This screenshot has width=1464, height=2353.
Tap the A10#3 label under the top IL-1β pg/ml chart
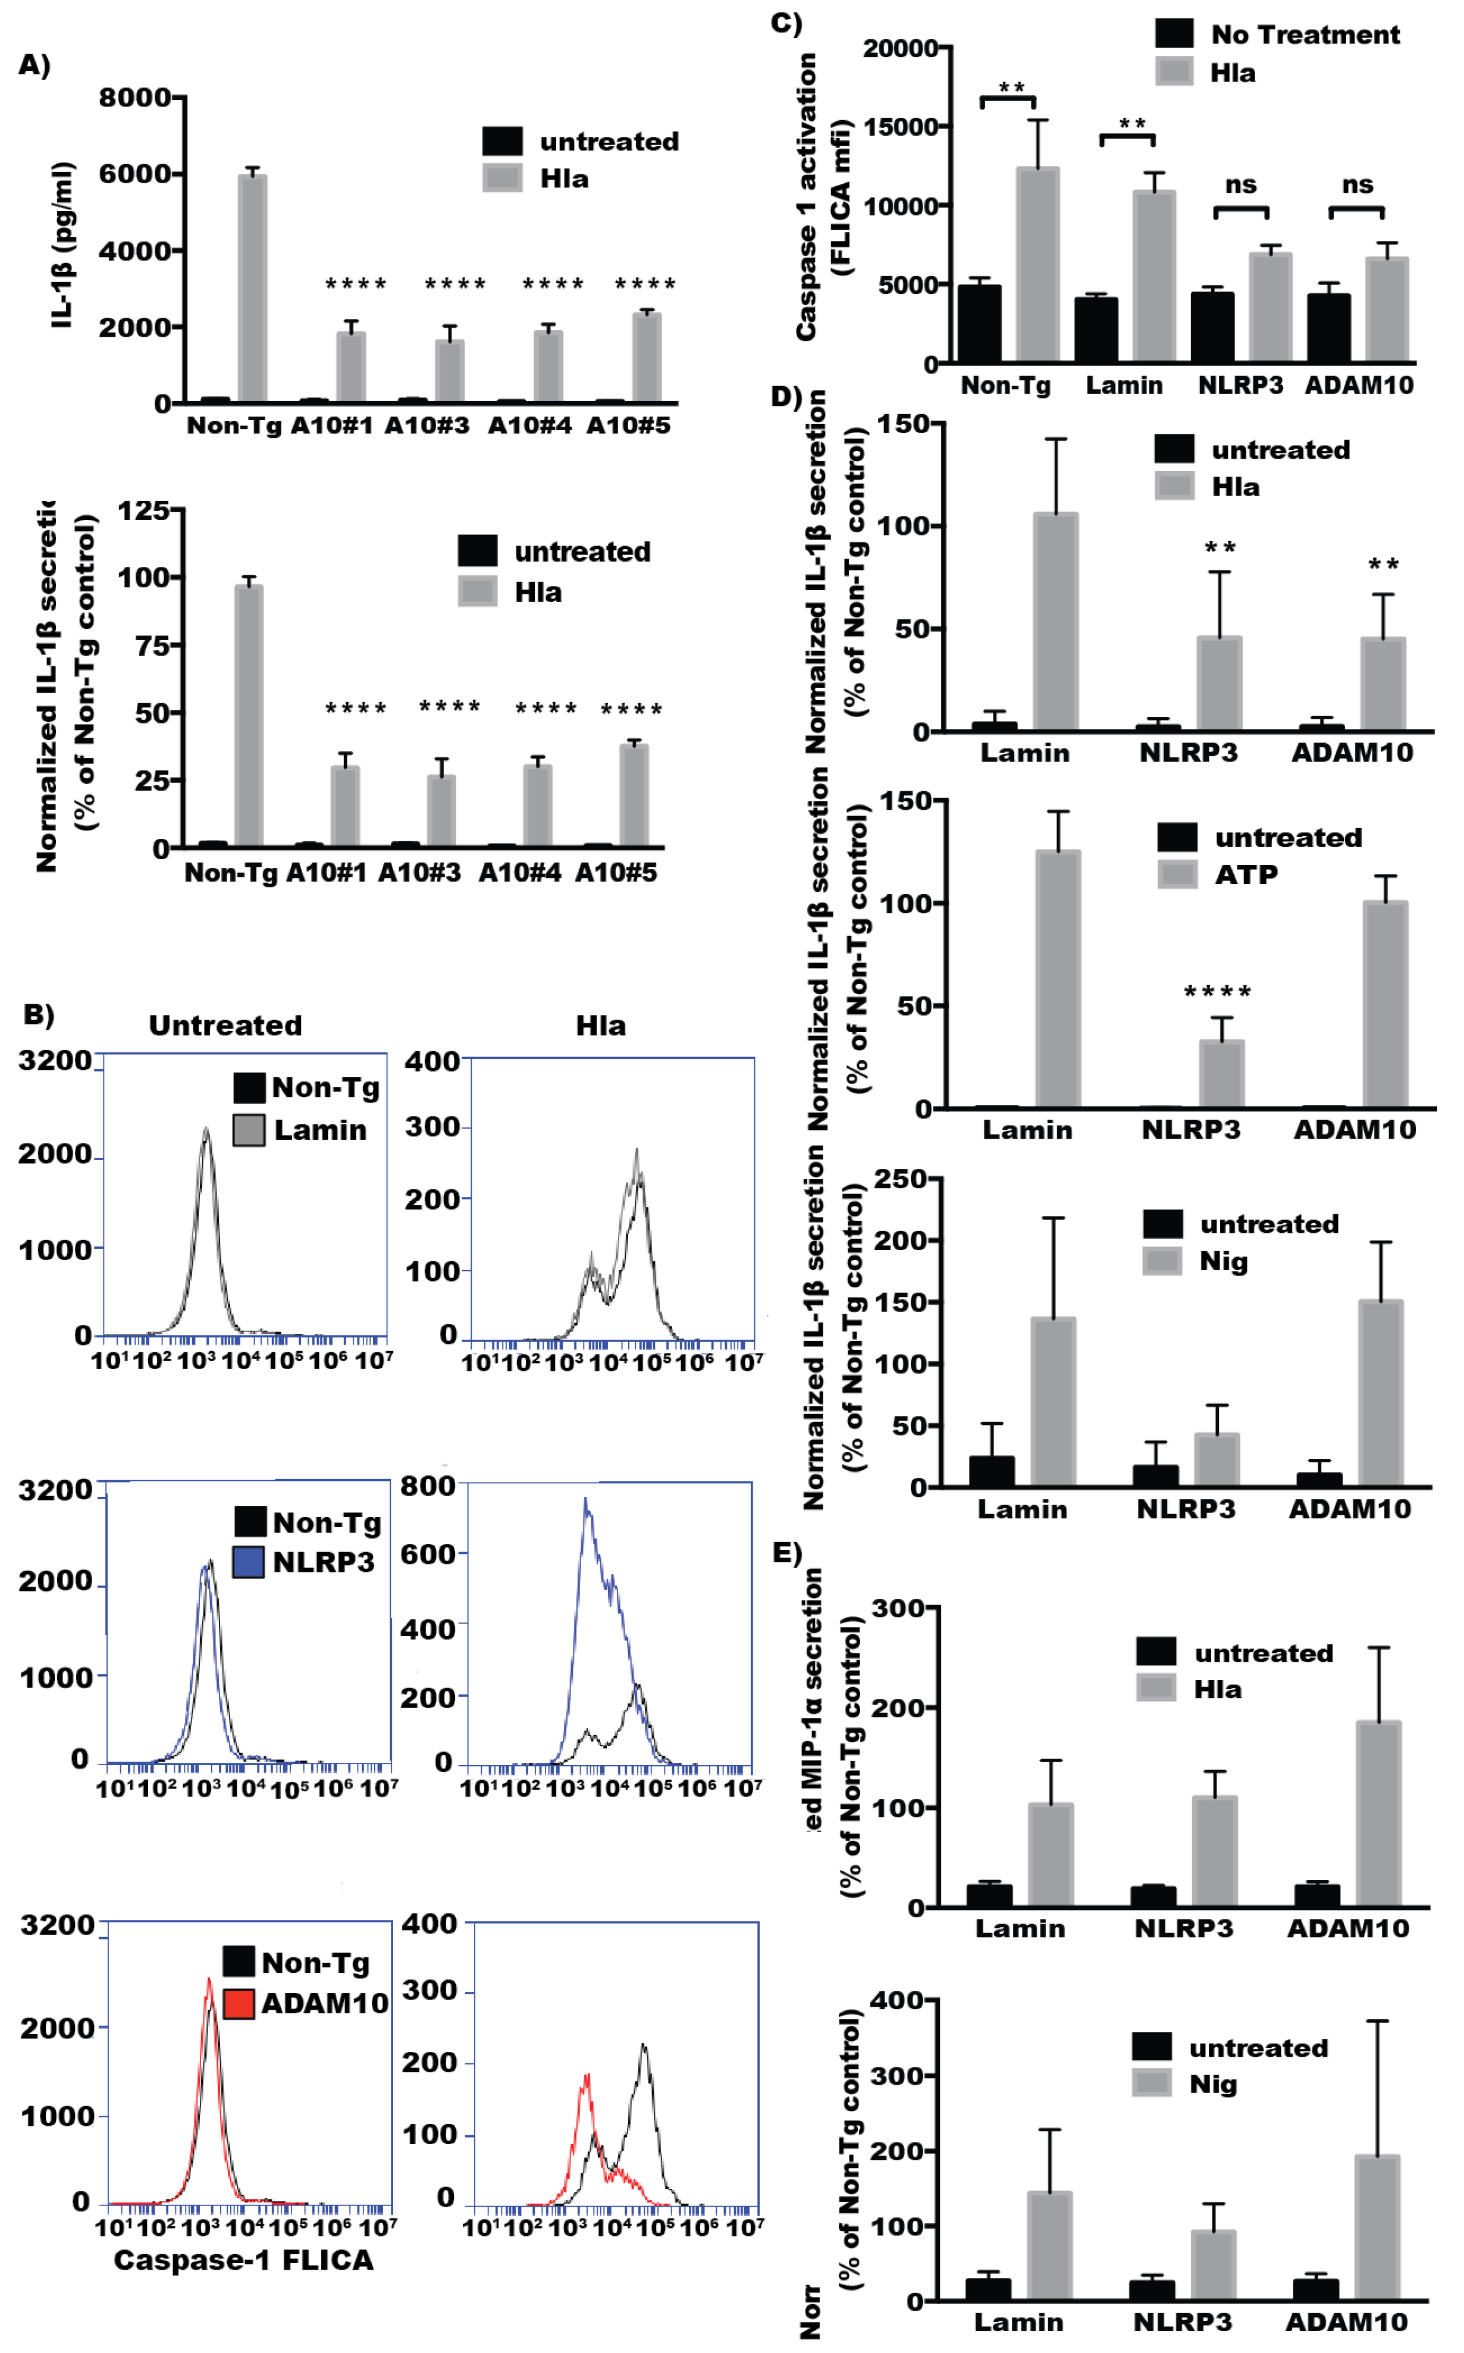click(x=427, y=426)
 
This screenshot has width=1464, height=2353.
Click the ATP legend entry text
click(x=1246, y=875)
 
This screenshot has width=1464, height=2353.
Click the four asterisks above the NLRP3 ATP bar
click(x=1218, y=992)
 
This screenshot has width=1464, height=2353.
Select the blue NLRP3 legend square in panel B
click(x=250, y=1562)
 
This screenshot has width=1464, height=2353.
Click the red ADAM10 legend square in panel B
click(x=239, y=2003)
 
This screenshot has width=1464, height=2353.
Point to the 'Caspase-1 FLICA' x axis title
click(x=243, y=2260)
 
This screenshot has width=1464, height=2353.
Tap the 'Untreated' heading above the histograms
click(x=225, y=1026)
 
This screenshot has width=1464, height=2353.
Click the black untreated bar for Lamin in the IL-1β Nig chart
click(x=992, y=1471)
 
